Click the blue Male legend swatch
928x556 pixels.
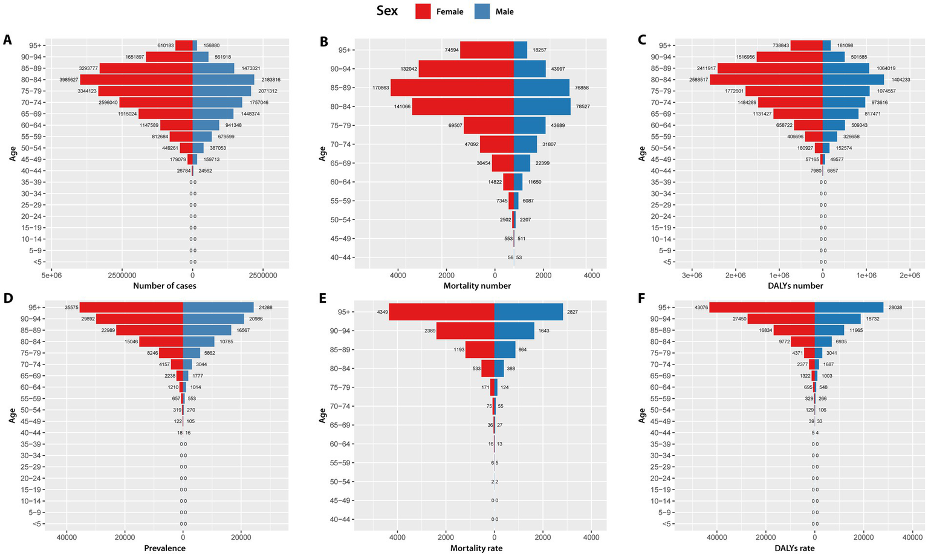click(x=482, y=11)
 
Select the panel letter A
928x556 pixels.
click(x=7, y=40)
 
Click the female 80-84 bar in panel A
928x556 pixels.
click(x=136, y=80)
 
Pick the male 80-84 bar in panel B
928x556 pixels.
click(x=542, y=106)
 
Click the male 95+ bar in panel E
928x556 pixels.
click(x=528, y=312)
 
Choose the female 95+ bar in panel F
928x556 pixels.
click(x=762, y=308)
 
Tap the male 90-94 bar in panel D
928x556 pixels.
click(x=213, y=319)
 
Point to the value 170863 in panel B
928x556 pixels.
click(x=381, y=88)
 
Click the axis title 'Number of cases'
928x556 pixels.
click(x=164, y=286)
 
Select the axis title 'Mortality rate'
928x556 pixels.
click(x=476, y=548)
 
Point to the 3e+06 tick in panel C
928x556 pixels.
click(x=692, y=275)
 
